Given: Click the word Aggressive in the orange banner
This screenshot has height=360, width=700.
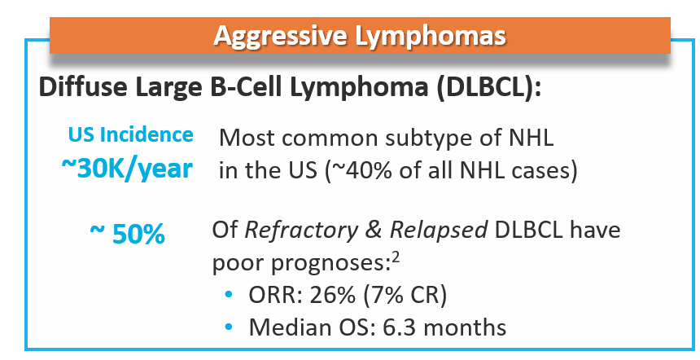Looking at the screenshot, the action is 280,36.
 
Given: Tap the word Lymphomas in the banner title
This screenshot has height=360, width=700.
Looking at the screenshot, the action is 431,36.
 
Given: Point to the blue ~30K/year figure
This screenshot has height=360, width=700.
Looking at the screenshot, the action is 127,169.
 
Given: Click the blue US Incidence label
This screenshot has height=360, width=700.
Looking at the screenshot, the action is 131,134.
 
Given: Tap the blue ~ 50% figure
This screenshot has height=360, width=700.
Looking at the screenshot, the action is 128,234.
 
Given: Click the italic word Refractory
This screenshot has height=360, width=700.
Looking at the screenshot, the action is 301,230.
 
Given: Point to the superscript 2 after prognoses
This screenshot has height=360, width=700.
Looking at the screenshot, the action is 395,257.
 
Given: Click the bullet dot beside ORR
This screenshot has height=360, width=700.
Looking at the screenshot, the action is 229,294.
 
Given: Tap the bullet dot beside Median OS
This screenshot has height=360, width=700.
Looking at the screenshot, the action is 229,327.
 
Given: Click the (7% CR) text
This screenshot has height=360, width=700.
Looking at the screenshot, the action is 405,296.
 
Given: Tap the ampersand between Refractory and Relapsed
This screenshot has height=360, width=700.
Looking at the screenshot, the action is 374,230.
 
